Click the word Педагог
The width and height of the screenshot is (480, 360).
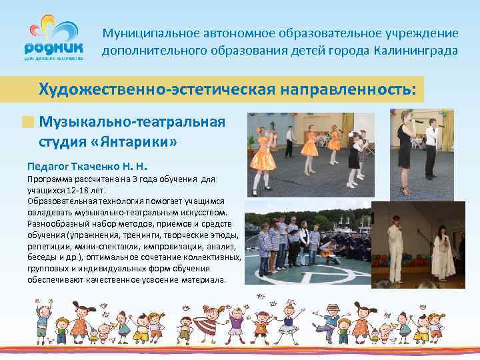click(47, 165)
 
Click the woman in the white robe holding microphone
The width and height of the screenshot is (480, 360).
click(443, 250)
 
